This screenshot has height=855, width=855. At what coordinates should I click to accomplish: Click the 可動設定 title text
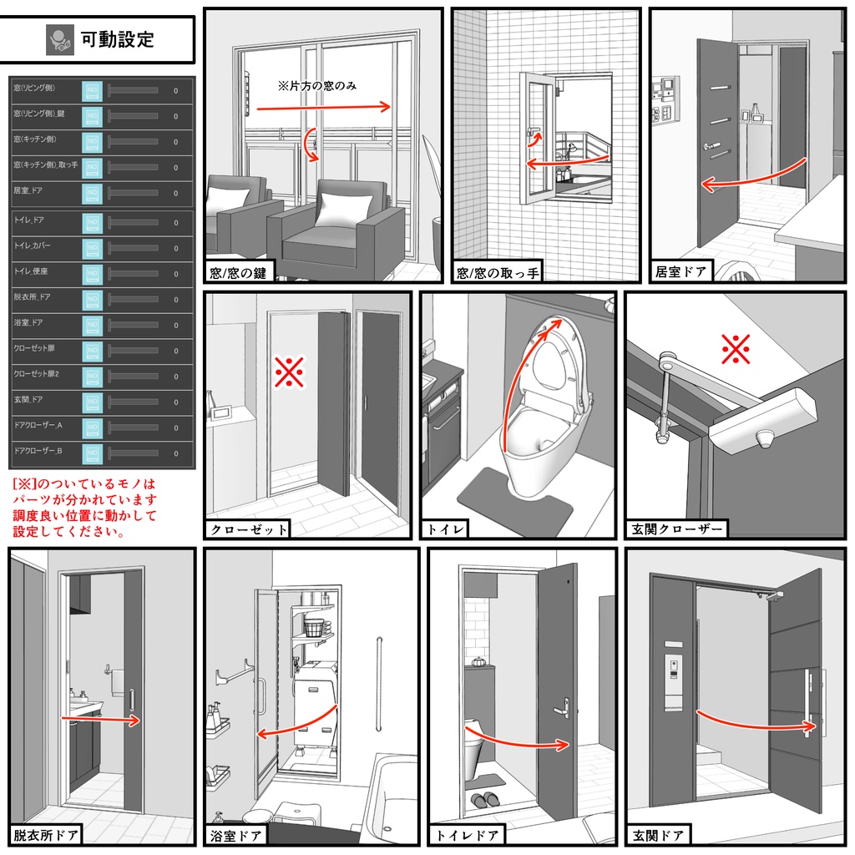click(117, 38)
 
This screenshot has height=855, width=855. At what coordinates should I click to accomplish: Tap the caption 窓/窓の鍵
click(239, 272)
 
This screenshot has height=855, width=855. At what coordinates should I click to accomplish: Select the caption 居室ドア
click(681, 271)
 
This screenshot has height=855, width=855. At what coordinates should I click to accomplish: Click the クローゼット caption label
click(249, 529)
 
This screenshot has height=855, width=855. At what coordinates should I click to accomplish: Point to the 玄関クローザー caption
click(677, 529)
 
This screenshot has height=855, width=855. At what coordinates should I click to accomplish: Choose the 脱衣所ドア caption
click(46, 834)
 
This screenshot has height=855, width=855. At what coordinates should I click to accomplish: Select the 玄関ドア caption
click(658, 835)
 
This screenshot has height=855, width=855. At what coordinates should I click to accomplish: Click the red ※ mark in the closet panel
click(289, 373)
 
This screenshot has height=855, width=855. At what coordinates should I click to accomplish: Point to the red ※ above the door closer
click(736, 351)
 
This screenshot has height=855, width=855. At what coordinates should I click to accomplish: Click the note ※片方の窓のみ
click(317, 85)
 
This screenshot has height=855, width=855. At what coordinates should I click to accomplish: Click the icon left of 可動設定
click(60, 38)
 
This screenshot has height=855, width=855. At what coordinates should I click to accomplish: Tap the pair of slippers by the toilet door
click(484, 799)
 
